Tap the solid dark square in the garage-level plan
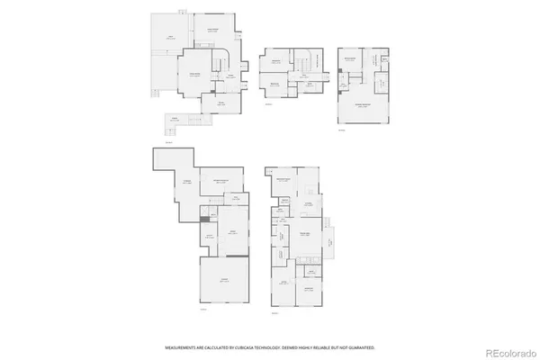point(204,219)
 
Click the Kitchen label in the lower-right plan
point(307,205)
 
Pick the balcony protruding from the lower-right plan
point(330,239)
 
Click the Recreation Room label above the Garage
point(218,181)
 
